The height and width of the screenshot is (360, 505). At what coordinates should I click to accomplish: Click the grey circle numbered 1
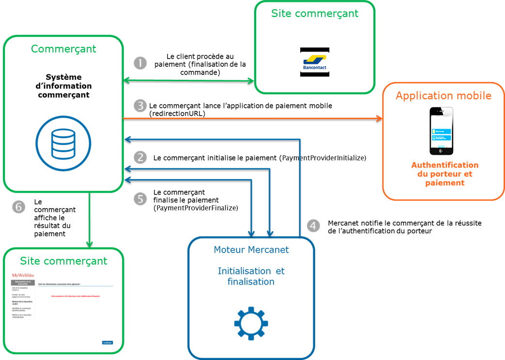tap(140, 63)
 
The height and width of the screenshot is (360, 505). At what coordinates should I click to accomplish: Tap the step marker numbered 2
tap(140, 157)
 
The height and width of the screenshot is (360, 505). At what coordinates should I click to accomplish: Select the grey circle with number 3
tap(140, 106)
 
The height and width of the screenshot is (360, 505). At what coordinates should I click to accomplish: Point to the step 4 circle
tap(313, 225)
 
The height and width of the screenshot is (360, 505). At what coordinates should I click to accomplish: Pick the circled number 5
tap(140, 199)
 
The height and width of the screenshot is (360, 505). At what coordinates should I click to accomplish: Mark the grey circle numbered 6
tap(18, 207)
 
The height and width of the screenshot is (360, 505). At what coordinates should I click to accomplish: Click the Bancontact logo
tap(315, 62)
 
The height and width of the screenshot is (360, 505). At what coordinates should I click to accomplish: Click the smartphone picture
tap(441, 131)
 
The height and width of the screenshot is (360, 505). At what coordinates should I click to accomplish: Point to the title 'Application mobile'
tap(443, 96)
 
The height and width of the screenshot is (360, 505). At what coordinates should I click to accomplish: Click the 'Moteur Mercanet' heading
tap(251, 250)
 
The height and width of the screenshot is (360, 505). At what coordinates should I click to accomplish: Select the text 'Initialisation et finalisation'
tap(251, 276)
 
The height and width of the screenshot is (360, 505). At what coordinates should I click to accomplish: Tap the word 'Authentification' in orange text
tap(444, 165)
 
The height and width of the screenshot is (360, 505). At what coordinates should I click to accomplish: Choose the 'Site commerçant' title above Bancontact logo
tap(315, 14)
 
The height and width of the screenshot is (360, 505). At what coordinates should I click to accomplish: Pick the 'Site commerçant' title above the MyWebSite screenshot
tap(63, 261)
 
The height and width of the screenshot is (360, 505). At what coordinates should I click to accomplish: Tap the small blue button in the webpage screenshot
tap(107, 342)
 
